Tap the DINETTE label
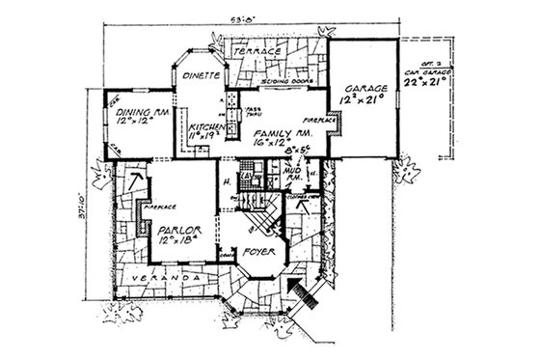coord(203,74)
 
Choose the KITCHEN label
coord(206,127)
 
